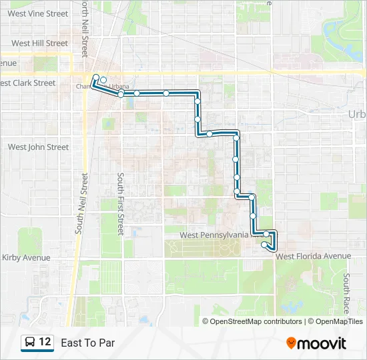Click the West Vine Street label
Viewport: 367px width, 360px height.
click(38, 13)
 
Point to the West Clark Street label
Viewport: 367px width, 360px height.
click(28, 83)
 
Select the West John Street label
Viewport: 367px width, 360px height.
click(38, 147)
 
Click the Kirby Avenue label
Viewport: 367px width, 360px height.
click(26, 257)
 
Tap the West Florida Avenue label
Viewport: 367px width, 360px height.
click(313, 256)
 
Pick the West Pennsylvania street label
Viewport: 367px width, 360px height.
click(215, 235)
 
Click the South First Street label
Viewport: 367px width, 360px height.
click(121, 204)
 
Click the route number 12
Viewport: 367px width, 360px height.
click(45, 342)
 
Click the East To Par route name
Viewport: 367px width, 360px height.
click(87, 343)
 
